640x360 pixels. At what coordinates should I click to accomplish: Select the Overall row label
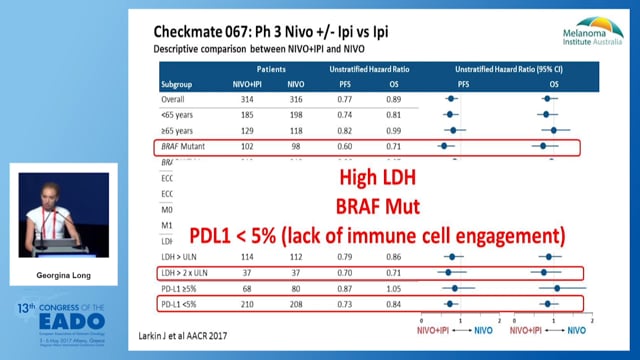click(173, 100)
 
